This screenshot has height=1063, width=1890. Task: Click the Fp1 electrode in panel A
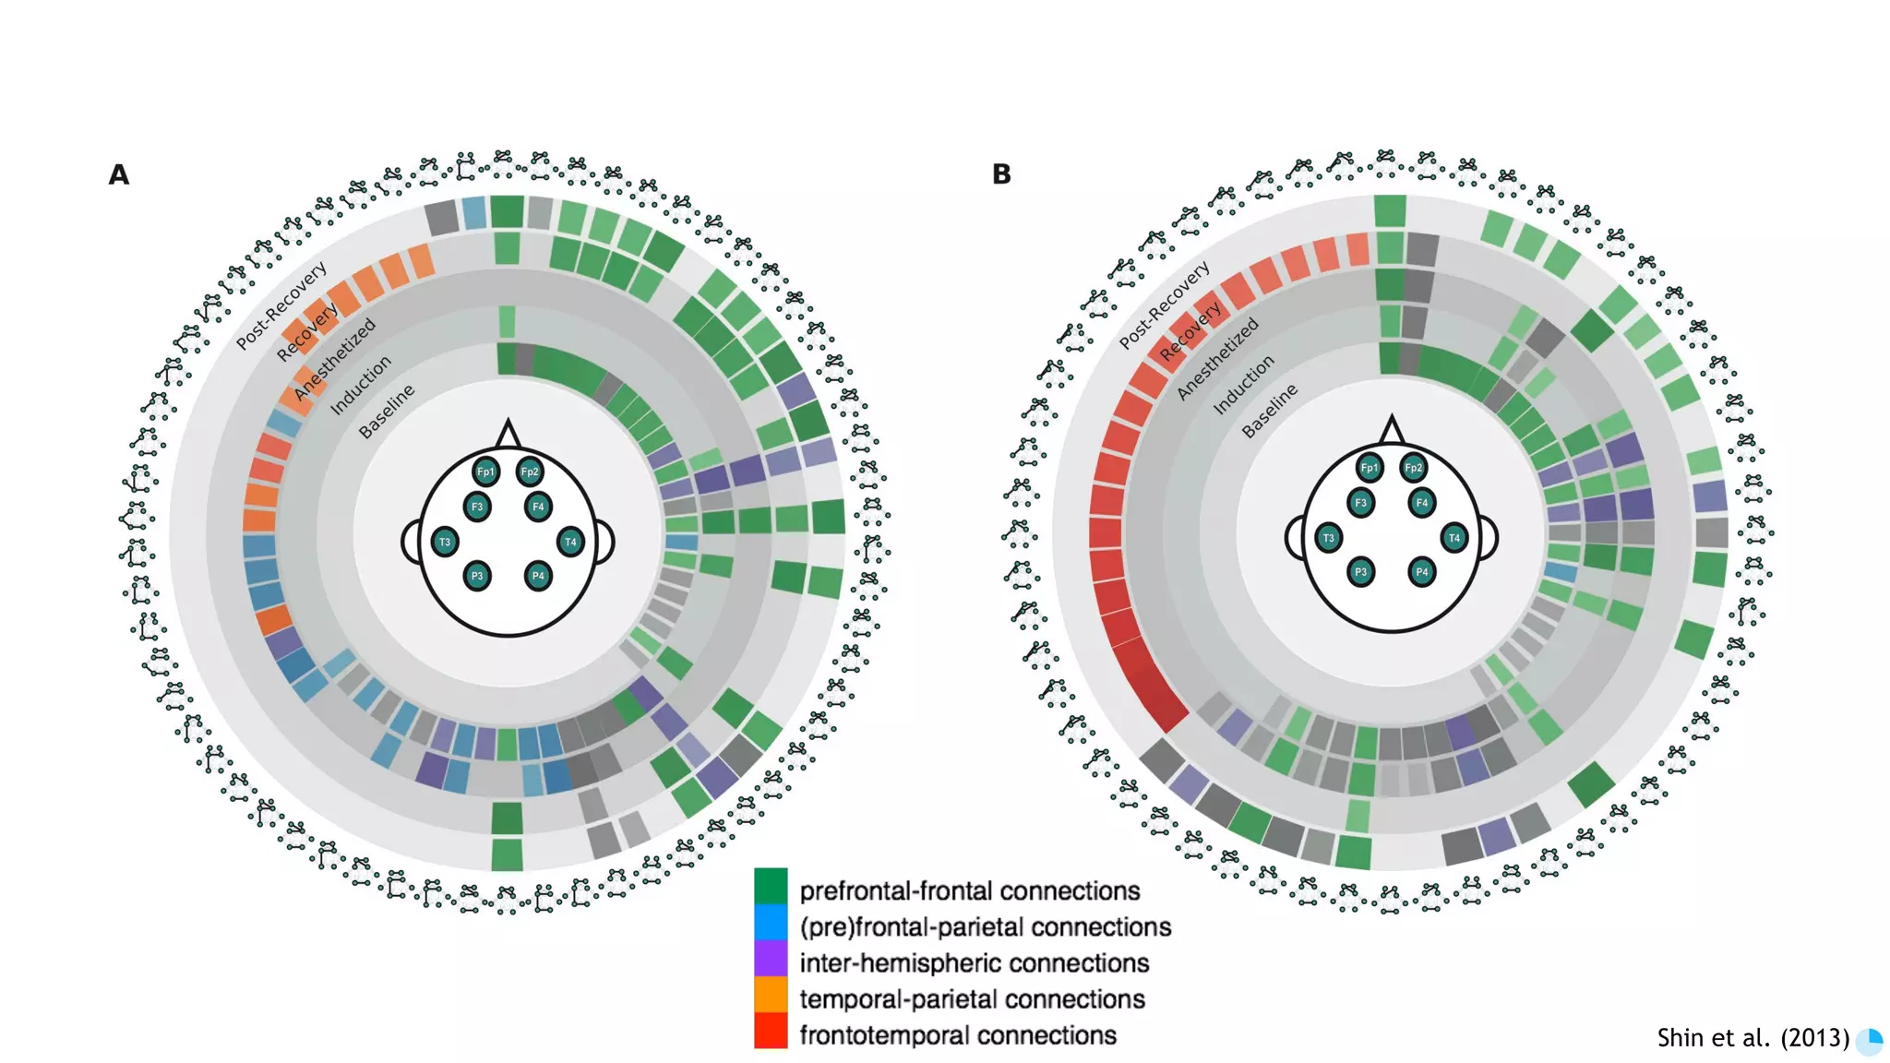click(x=485, y=472)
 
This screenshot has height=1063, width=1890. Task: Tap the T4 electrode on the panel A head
click(x=570, y=542)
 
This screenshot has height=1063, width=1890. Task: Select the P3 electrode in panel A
click(x=477, y=576)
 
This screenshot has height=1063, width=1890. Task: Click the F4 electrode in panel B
click(x=1422, y=503)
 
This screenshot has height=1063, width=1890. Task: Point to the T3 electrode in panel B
click(x=1329, y=538)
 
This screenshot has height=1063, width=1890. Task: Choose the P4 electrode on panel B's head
click(x=1422, y=572)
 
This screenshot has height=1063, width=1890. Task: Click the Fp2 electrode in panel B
click(x=1413, y=468)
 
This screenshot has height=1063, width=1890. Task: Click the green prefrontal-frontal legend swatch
click(x=771, y=886)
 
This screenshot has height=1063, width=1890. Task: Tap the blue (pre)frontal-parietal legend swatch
click(x=771, y=922)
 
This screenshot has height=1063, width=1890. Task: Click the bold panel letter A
click(x=118, y=174)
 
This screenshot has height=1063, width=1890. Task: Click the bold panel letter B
click(x=1001, y=174)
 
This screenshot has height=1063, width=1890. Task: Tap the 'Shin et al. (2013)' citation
click(x=1752, y=1038)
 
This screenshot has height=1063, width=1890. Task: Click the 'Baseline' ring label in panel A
click(x=387, y=411)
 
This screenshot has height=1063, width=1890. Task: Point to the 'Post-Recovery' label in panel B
click(x=1165, y=305)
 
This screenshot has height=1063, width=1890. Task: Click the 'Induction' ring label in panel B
click(x=1243, y=384)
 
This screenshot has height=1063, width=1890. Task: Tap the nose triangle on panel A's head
click(x=508, y=435)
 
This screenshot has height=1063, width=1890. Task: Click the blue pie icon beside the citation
click(x=1870, y=1040)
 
